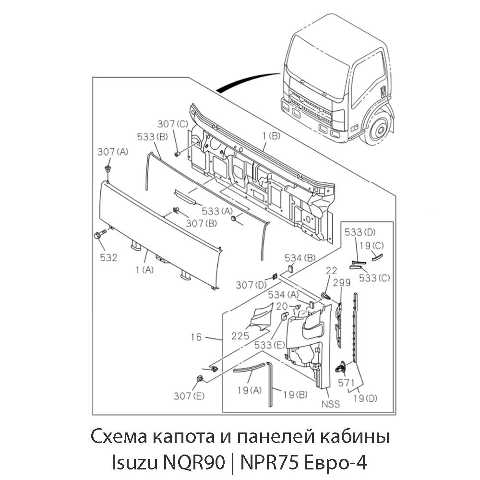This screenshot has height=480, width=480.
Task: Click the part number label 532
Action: coord(108,258)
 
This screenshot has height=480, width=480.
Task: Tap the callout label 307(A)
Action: coord(113,152)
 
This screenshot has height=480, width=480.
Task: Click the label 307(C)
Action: coord(173,123)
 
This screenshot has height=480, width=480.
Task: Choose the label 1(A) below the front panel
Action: coord(144,270)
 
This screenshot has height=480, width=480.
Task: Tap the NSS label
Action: coord(331,404)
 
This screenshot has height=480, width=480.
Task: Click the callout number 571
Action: coord(346,384)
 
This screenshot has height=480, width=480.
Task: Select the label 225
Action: coord(240,336)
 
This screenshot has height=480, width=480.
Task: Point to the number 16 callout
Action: coord(196,337)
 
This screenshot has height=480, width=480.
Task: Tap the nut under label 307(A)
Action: coord(108,169)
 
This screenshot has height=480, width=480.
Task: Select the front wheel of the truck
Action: coord(378,129)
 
